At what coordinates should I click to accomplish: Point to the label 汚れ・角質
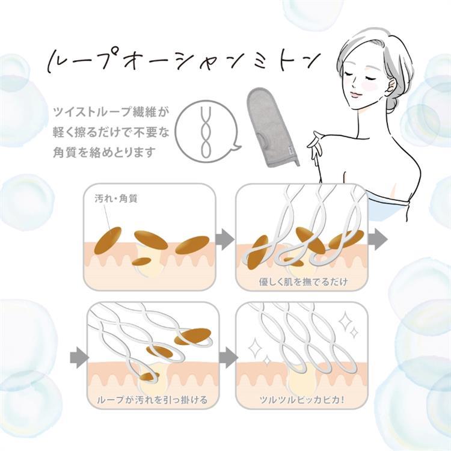pyautogui.click(x=116, y=198)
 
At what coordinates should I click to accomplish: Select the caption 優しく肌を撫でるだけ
pyautogui.click(x=303, y=281)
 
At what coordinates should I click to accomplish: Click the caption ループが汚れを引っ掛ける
pyautogui.click(x=153, y=400)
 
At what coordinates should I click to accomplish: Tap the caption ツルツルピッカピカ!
pyautogui.click(x=302, y=399)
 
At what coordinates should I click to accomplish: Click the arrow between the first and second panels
pyautogui.click(x=225, y=239)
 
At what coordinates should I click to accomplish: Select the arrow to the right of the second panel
pyautogui.click(x=378, y=239)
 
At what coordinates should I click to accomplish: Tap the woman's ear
pyautogui.click(x=387, y=87)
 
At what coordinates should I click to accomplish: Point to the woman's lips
pyautogui.click(x=355, y=94)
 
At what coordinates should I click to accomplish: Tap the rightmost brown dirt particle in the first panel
pyautogui.click(x=192, y=245)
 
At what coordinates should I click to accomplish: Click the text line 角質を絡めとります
pyautogui.click(x=104, y=152)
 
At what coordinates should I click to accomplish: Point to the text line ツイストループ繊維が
pyautogui.click(x=110, y=112)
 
